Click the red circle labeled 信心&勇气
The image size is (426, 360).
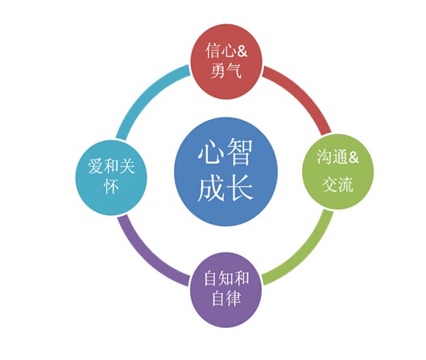coord(226,61)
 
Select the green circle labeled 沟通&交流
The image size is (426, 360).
coord(337,172)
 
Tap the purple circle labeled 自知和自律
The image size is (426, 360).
coord(226,290)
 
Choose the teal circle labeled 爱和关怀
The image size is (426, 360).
coord(111,178)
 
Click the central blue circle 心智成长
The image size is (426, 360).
coord(226,172)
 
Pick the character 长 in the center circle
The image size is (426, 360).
coord(240,188)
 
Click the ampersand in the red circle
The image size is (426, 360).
coord(242,51)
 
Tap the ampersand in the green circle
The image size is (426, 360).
coord(353,157)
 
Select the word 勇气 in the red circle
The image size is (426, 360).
coord(226,70)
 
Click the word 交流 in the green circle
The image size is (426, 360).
coord(337,185)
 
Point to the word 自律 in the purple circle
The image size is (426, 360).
coord(226,298)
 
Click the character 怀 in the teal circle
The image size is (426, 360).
coord(111,186)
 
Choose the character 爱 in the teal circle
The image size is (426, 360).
coord(96,166)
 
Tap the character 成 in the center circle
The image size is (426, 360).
coord(211,188)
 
